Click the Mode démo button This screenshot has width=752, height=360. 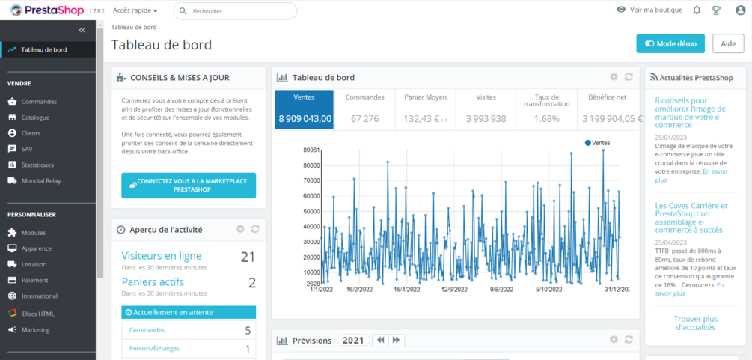[670, 43]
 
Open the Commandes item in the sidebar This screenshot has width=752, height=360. [39, 102]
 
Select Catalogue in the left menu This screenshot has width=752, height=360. [35, 118]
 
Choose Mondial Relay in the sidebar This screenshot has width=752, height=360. [41, 180]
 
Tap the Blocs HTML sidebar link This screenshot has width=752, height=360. [37, 314]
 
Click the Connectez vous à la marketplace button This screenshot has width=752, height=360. [189, 186]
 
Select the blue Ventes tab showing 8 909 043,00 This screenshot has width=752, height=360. [303, 109]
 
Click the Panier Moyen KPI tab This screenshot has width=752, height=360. [425, 109]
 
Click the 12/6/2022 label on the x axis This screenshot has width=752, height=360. [454, 289]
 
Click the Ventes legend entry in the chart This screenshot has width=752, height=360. [598, 142]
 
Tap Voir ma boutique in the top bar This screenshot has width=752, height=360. [649, 10]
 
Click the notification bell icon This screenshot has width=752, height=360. [697, 10]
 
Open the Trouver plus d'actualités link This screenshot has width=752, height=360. [696, 323]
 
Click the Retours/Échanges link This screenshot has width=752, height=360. [154, 349]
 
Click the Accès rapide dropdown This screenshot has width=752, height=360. [135, 11]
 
